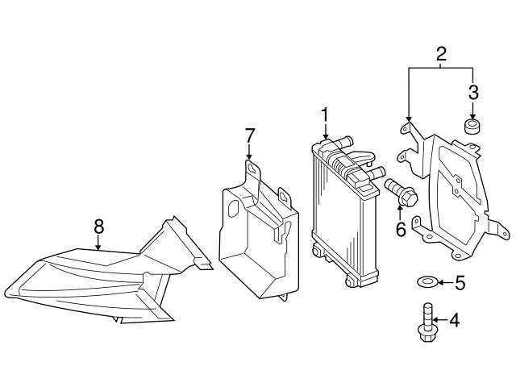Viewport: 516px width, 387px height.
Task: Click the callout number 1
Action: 324,115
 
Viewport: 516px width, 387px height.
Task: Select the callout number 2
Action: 441,55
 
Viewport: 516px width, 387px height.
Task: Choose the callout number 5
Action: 460,282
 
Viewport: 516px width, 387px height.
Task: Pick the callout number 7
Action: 250,133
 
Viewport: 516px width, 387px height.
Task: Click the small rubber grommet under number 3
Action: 472,127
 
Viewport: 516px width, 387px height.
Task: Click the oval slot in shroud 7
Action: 232,206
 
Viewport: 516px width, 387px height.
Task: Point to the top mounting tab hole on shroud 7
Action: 252,169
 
